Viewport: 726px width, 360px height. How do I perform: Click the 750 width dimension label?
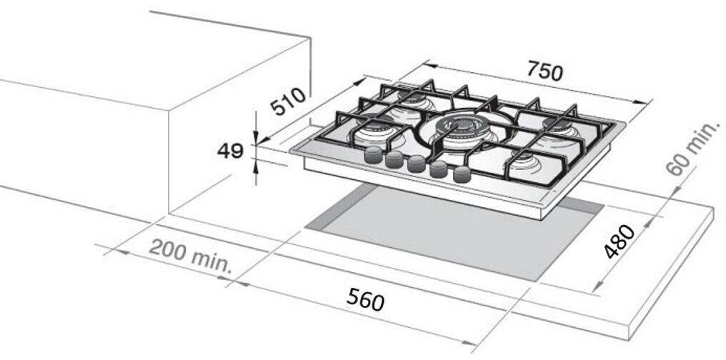point(544,71)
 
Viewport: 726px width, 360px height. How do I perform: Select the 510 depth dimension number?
point(288,101)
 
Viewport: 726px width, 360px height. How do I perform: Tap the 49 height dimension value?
point(230,151)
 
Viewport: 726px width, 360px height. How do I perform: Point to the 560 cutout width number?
point(365,299)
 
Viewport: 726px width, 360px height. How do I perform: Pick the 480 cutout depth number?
point(620,241)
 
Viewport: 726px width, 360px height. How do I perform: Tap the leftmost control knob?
point(373,154)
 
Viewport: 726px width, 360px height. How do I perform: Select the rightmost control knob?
point(462,174)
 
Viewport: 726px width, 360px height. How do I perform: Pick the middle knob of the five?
point(417,164)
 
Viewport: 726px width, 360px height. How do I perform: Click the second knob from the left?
point(394,159)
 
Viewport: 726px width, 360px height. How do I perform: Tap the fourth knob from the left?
point(439,169)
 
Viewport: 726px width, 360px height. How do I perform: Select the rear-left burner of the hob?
point(412,101)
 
